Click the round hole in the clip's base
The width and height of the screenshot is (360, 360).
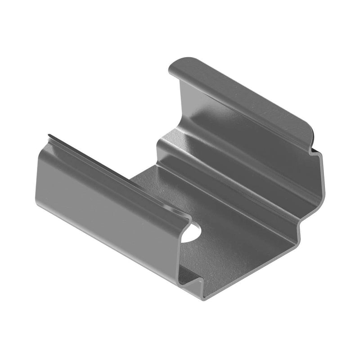coord(191,233)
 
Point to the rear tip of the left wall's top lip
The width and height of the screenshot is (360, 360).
coord(49,135)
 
